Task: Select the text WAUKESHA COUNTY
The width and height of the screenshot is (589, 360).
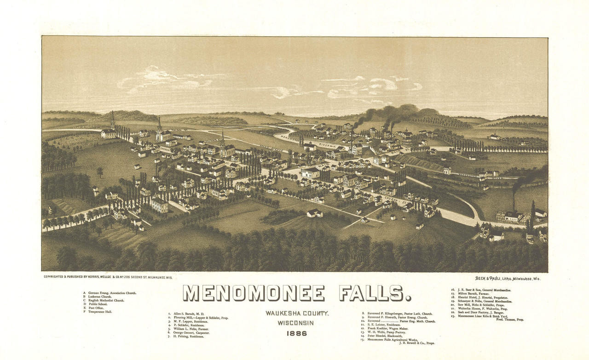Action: point(296,314)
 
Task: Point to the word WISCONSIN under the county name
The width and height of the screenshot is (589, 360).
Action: point(295,323)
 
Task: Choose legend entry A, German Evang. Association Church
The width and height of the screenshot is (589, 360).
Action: point(110,293)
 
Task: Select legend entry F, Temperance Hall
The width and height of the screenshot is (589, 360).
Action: point(98,312)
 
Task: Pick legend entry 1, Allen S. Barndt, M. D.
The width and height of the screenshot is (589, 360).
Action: point(187,314)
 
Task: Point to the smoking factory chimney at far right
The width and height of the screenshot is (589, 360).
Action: point(514,200)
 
